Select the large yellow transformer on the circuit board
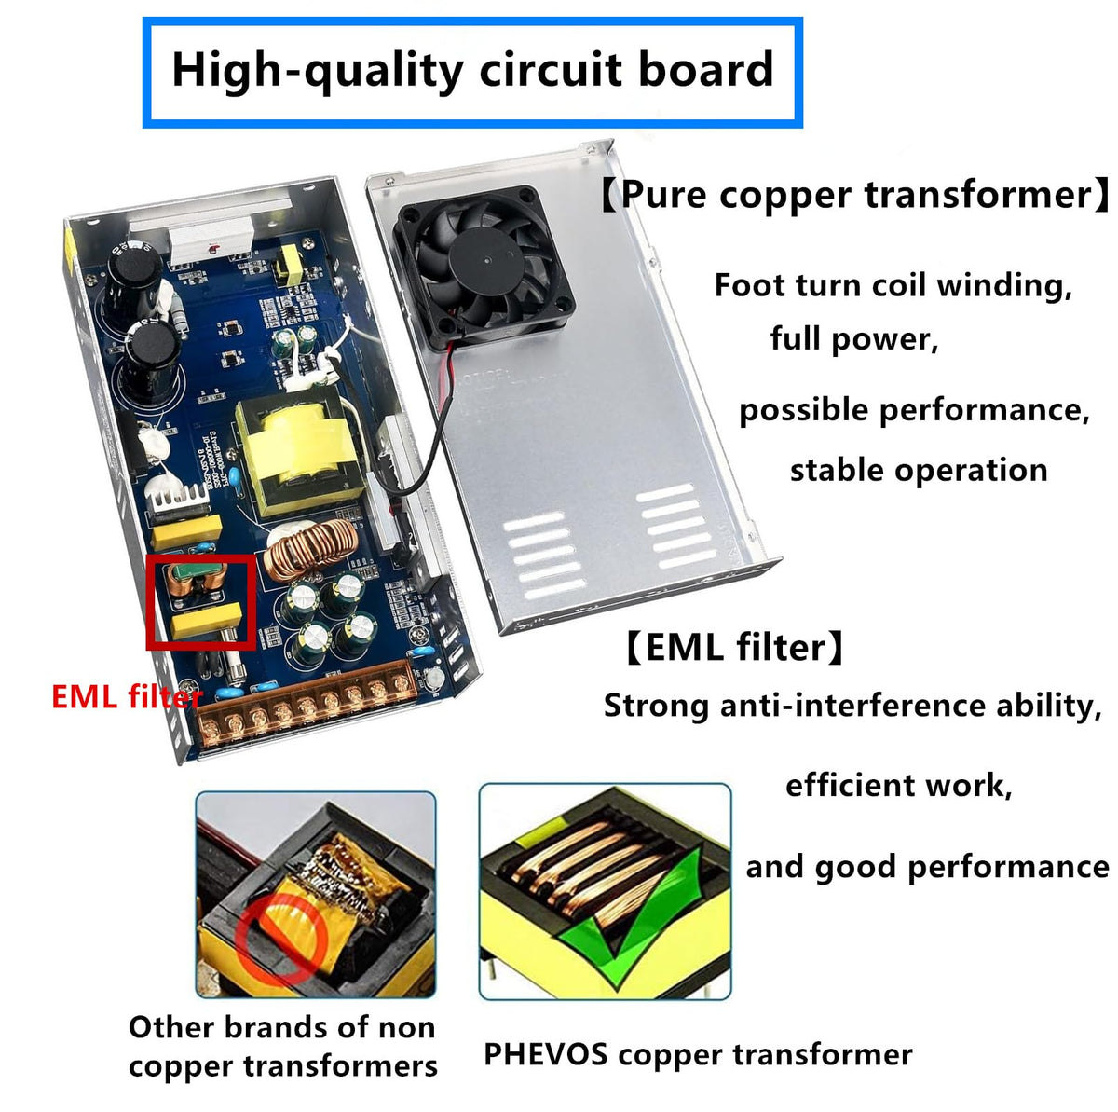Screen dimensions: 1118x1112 click(299, 450)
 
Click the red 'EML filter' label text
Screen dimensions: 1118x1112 click(127, 697)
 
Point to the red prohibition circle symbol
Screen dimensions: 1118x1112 click(280, 939)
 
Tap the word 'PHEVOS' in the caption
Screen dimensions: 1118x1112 click(545, 1054)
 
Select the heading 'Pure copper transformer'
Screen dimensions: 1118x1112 click(856, 195)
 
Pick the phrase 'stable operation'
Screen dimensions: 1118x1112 click(919, 470)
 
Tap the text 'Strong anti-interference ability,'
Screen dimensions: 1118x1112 click(852, 707)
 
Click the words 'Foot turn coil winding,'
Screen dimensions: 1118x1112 click(893, 286)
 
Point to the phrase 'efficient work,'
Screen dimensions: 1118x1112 click(899, 787)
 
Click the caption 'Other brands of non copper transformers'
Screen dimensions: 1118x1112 click(282, 1047)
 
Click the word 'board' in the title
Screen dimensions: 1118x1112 click(706, 69)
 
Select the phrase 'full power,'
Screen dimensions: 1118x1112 click(854, 339)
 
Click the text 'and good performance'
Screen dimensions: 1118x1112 click(927, 868)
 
